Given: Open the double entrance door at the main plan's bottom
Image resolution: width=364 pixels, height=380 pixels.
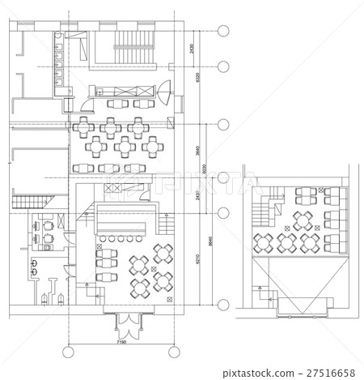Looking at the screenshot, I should pos(128,327).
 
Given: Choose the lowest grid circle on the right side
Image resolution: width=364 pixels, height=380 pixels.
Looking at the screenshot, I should pos(223,305).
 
